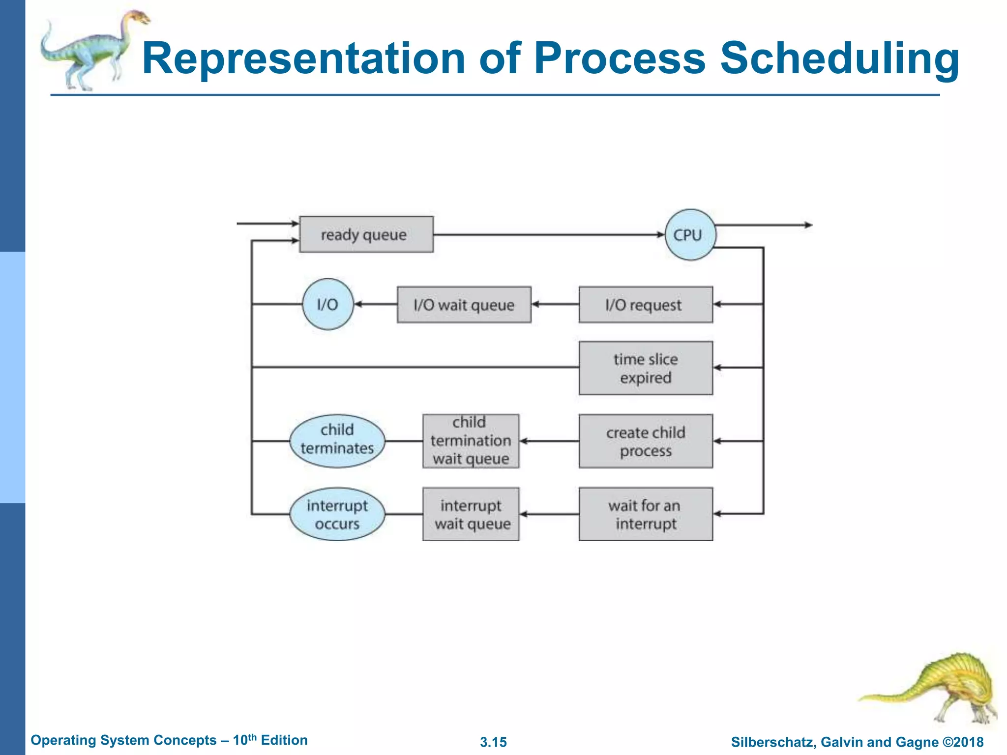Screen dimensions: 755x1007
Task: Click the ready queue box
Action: pyautogui.click(x=366, y=234)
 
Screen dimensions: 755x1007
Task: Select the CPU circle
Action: pyautogui.click(x=690, y=235)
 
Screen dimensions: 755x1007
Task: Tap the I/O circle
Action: pyautogui.click(x=327, y=305)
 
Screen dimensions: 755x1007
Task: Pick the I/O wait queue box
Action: pyautogui.click(x=464, y=305)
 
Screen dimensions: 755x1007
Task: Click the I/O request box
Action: pyautogui.click(x=645, y=305)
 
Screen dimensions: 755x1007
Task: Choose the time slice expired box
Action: pyautogui.click(x=645, y=368)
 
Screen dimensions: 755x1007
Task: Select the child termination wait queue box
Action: pyautogui.click(x=471, y=441)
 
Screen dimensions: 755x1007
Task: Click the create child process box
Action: pyautogui.click(x=645, y=441)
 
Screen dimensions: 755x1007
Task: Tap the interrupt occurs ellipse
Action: pyautogui.click(x=337, y=514)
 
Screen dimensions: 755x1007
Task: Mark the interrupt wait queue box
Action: pyautogui.click(x=471, y=514)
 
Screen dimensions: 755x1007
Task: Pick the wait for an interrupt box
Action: pyautogui.click(x=645, y=514)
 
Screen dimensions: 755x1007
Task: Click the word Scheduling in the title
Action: pyautogui.click(x=839, y=59)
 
